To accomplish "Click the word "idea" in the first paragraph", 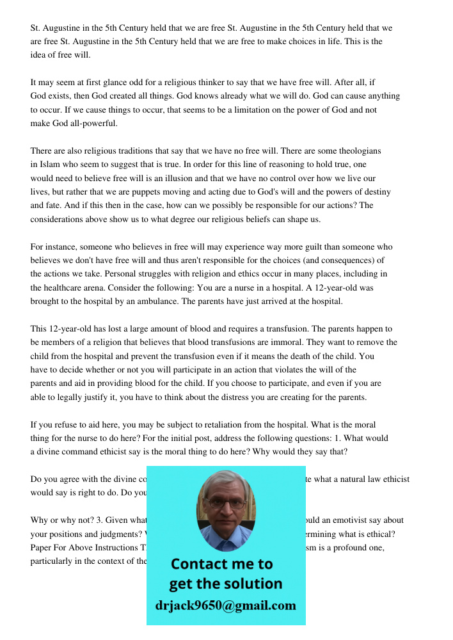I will (x=39, y=54).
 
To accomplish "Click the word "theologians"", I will (x=360, y=151).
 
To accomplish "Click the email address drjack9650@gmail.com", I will (x=225, y=605).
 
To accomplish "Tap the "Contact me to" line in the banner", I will (x=221, y=564).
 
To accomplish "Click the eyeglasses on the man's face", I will (x=225, y=502).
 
